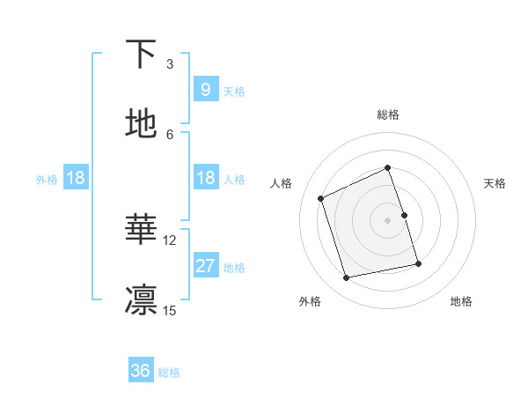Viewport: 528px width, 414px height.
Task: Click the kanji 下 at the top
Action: (142, 55)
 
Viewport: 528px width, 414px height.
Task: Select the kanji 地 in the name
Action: (142, 124)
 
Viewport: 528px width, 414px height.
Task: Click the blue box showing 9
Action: (205, 89)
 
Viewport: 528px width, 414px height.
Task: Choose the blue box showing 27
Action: (205, 266)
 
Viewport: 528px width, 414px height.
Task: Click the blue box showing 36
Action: (141, 371)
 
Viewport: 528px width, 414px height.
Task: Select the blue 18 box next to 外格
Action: (76, 178)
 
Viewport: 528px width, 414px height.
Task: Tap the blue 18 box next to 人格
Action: (205, 178)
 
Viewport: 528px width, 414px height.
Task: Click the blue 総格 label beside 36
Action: (169, 373)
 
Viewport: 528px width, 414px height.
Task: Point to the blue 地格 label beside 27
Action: (234, 268)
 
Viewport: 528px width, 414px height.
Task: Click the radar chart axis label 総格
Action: (387, 115)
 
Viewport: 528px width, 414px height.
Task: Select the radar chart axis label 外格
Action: (310, 301)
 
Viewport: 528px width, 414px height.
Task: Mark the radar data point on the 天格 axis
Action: (404, 215)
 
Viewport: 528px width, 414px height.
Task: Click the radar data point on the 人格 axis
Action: (321, 198)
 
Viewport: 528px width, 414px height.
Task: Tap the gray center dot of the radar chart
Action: (387, 220)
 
